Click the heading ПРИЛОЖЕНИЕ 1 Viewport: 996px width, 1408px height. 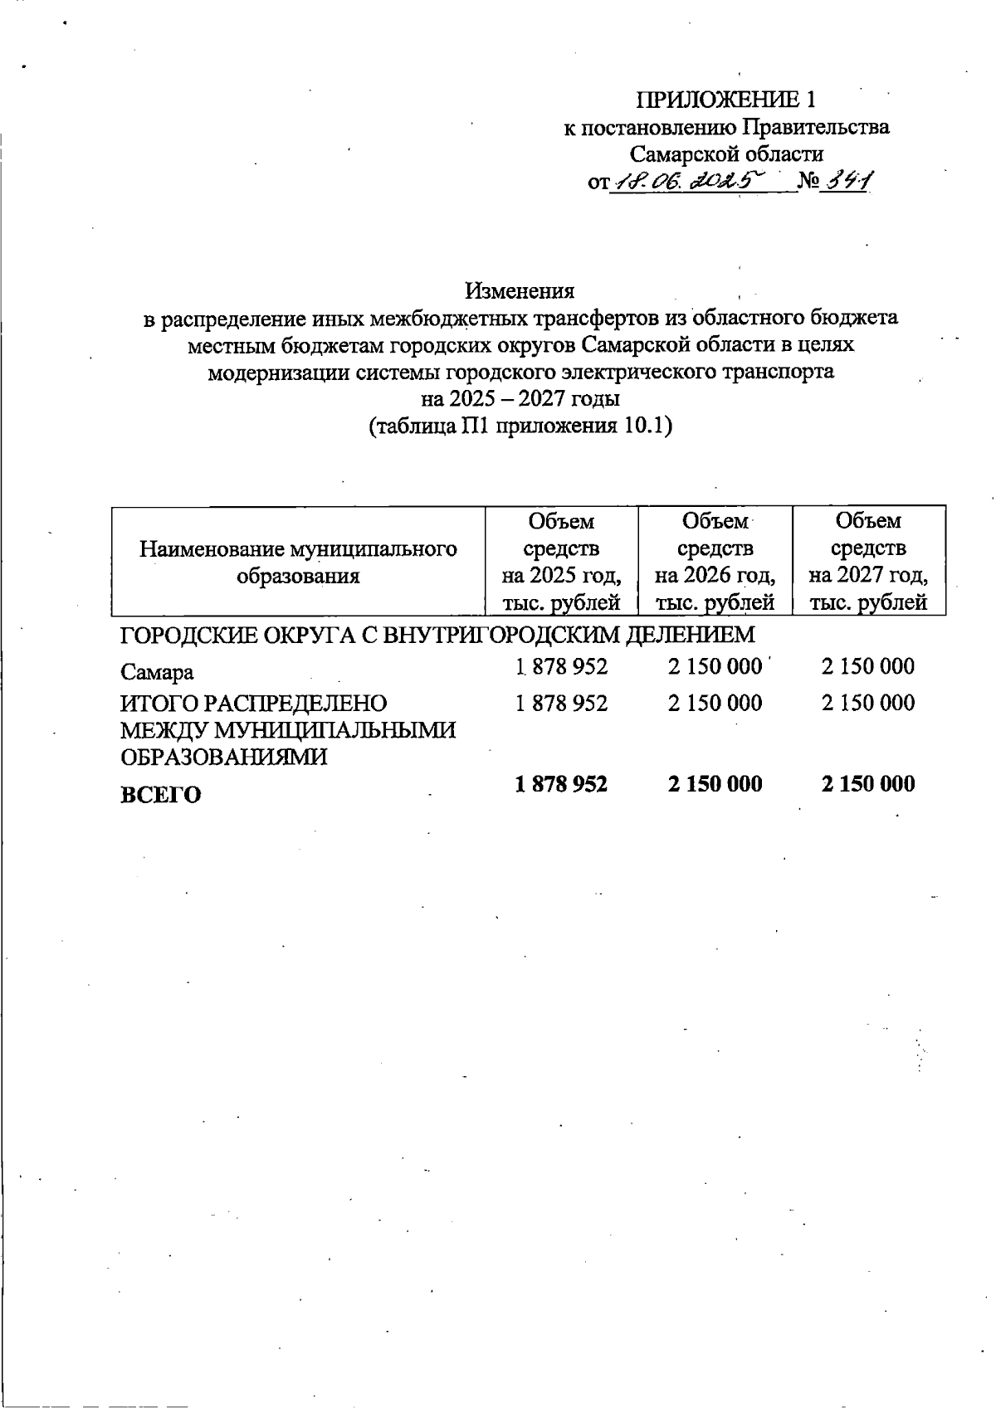pyautogui.click(x=725, y=100)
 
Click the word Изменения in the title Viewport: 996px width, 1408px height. pyautogui.click(x=520, y=290)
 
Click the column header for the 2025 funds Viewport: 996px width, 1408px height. pyautogui.click(x=561, y=561)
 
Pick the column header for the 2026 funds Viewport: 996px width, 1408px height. pyautogui.click(x=715, y=561)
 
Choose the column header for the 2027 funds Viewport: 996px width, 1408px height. pyautogui.click(x=868, y=561)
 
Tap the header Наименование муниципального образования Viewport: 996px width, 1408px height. pyautogui.click(x=298, y=562)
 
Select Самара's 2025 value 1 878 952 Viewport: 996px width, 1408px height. pyautogui.click(x=561, y=666)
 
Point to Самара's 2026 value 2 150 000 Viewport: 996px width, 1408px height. pyautogui.click(x=715, y=666)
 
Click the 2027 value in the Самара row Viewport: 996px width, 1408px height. pyautogui.click(x=868, y=666)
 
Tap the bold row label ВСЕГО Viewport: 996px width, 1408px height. pyautogui.click(x=161, y=795)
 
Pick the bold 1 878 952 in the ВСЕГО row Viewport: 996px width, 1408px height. pyautogui.click(x=561, y=784)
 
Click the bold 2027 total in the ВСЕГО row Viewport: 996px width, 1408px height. pyautogui.click(x=868, y=784)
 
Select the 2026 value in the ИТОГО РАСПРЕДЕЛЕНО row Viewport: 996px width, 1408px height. pyautogui.click(x=715, y=704)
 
